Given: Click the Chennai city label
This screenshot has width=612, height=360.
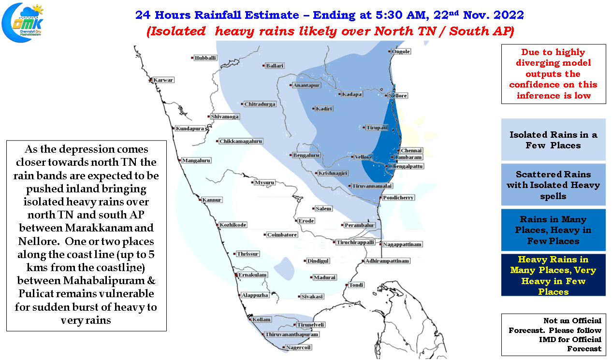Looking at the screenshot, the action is (x=411, y=150).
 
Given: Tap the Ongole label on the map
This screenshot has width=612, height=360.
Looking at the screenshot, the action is (x=401, y=51).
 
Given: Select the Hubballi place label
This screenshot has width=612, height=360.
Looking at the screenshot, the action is (x=205, y=58).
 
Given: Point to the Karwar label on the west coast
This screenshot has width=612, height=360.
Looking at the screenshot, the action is (x=163, y=80).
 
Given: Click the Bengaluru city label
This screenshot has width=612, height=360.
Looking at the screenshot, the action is (x=306, y=155).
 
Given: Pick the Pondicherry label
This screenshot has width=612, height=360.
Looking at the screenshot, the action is (x=398, y=198).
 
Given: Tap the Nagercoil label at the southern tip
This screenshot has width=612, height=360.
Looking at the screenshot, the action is (x=298, y=347).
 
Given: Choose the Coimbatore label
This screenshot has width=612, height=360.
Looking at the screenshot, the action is (x=282, y=235).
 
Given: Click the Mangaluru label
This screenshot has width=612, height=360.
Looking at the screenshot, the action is (x=196, y=160).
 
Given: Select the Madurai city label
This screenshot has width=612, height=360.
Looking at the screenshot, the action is (x=324, y=277).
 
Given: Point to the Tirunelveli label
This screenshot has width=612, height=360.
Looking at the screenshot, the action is (x=311, y=325).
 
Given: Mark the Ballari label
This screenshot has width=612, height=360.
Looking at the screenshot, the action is (x=275, y=66).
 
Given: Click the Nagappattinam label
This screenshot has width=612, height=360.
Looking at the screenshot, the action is (x=402, y=244).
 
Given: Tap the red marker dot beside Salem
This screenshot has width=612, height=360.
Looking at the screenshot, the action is (x=313, y=208).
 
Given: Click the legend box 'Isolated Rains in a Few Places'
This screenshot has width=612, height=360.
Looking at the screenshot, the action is (x=553, y=140).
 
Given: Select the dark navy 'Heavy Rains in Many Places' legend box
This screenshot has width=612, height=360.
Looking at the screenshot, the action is (x=553, y=275).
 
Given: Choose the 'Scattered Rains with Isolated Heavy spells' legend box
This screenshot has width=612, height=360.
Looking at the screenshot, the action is (x=553, y=185).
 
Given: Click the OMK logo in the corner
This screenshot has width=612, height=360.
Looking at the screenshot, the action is (x=22, y=22).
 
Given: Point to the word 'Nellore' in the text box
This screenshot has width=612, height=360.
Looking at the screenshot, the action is (x=39, y=241).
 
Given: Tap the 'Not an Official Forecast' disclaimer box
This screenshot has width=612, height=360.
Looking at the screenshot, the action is (x=554, y=334).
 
